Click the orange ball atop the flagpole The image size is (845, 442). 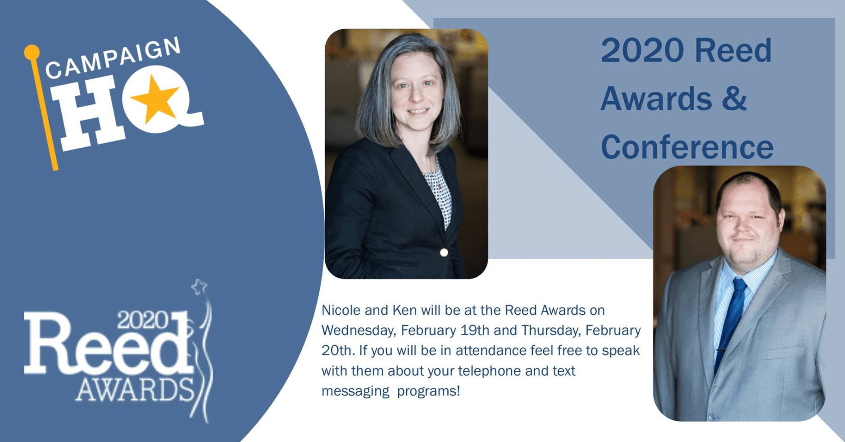pos(32,52)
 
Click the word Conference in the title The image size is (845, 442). pos(687,147)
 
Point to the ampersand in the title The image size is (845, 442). pos(735,99)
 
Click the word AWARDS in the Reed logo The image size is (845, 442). pos(135,390)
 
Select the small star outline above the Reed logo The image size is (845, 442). pos(199,286)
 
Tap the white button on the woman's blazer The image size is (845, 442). pos(444,253)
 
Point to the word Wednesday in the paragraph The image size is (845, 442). pos(358,330)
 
